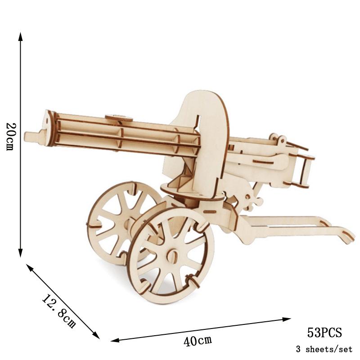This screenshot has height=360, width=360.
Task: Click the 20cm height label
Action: [9, 136]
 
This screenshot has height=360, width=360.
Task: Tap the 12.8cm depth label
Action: [58, 310]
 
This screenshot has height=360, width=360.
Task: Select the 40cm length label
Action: [198, 341]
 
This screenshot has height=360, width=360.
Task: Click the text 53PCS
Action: [324, 333]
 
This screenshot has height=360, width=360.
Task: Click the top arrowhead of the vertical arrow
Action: [21, 36]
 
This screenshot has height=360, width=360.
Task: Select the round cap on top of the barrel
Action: [119, 118]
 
